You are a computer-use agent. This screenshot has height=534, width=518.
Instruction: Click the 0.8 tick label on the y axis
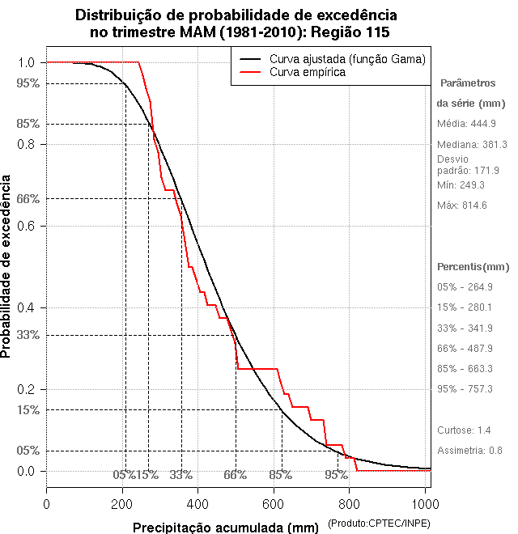[x=25, y=144]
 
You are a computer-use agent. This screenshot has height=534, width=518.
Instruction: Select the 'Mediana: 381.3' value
[x=472, y=144]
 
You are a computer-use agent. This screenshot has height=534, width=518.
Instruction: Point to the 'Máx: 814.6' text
[x=461, y=206]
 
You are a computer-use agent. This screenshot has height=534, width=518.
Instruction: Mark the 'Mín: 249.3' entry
[x=461, y=185]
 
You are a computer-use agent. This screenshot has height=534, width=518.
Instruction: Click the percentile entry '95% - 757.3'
[x=465, y=389]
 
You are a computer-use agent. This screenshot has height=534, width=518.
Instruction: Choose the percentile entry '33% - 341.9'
[x=465, y=328]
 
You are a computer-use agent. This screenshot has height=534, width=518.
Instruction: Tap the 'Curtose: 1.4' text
[x=465, y=430]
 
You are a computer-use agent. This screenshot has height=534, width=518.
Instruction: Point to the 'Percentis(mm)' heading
[x=473, y=267]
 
